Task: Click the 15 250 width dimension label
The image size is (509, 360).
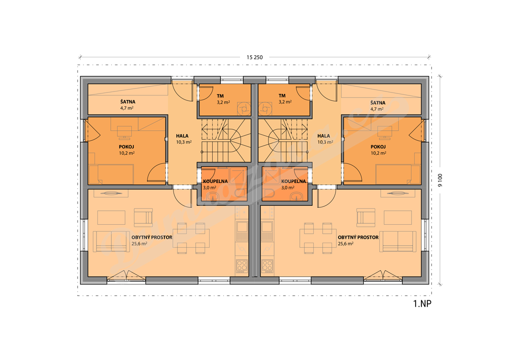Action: (254, 58)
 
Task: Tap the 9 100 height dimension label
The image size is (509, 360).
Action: (440, 180)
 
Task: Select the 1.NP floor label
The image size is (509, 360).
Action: (422, 303)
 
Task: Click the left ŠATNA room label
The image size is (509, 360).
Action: (128, 101)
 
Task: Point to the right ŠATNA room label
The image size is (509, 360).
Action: (378, 102)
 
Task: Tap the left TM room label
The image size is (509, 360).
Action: (220, 96)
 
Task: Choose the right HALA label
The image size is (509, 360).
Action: (324, 136)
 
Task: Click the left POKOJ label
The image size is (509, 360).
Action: (126, 147)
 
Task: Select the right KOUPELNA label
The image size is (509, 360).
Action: (293, 181)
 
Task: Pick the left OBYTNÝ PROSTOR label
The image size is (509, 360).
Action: (152, 237)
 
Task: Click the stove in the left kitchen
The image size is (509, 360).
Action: (242, 266)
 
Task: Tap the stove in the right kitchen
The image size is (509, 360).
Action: (267, 266)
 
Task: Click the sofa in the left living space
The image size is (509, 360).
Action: (107, 242)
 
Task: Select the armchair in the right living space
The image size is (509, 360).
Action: (366, 217)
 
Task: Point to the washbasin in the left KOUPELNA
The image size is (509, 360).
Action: (213, 195)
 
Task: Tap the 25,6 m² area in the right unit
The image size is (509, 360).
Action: (346, 244)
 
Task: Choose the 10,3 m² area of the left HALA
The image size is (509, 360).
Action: (184, 142)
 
